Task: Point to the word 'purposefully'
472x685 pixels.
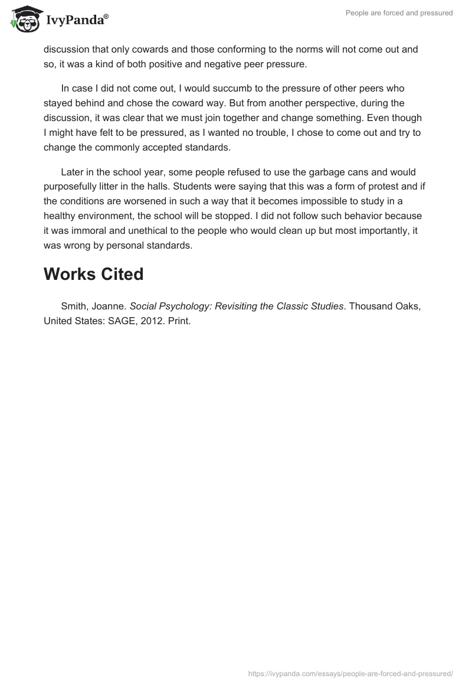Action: click(x=71, y=187)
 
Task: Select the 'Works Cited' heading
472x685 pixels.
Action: click(x=93, y=274)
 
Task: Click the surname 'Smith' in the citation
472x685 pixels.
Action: click(x=74, y=306)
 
